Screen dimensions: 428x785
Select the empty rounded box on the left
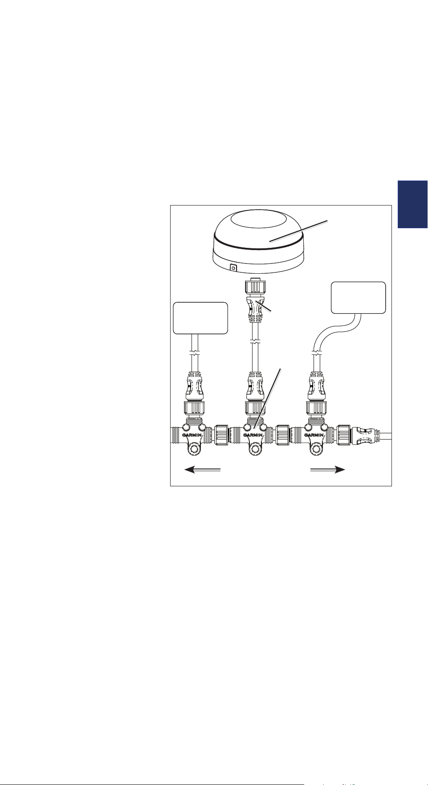pos(200,318)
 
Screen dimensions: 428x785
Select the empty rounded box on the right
pos(359,297)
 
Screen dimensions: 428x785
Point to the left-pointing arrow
pos(203,469)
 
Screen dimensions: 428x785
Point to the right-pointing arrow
pos(328,469)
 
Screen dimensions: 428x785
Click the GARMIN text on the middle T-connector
pos(253,436)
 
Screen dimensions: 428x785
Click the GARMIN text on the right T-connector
pos(314,436)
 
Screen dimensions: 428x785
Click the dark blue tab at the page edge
pos(413,204)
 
